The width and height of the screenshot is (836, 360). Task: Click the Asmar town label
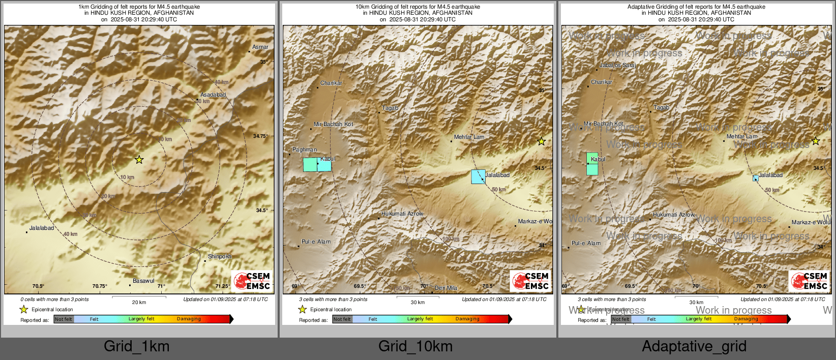pyautogui.click(x=260, y=47)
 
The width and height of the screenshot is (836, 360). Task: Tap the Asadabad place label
pyautogui.click(x=213, y=95)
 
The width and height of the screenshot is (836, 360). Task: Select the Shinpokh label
pyautogui.click(x=220, y=257)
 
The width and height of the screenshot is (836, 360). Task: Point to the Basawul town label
pyautogui.click(x=143, y=281)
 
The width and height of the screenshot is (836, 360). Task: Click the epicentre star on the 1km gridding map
pyautogui.click(x=139, y=160)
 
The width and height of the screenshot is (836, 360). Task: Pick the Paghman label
pyautogui.click(x=305, y=150)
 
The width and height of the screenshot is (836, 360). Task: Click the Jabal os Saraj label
pyautogui.click(x=617, y=66)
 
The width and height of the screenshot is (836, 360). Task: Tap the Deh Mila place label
pyautogui.click(x=446, y=288)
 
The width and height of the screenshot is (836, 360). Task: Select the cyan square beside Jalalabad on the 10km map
pyautogui.click(x=478, y=176)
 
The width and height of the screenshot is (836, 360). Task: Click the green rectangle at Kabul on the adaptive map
pyautogui.click(x=592, y=164)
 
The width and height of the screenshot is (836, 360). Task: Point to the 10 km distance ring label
pyautogui.click(x=127, y=177)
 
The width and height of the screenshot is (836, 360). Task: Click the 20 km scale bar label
pyautogui.click(x=139, y=303)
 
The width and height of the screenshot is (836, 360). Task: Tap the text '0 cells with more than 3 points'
pyautogui.click(x=54, y=299)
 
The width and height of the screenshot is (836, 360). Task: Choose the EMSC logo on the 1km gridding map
pyautogui.click(x=252, y=281)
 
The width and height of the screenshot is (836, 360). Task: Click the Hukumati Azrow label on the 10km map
pyautogui.click(x=402, y=214)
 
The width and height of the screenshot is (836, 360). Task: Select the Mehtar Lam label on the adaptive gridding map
pyautogui.click(x=742, y=137)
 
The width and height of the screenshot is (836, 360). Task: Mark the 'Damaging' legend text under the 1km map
pyautogui.click(x=189, y=319)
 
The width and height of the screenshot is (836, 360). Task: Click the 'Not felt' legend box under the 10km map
pyautogui.click(x=342, y=319)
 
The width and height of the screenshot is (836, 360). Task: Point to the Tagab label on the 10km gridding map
pyautogui.click(x=390, y=108)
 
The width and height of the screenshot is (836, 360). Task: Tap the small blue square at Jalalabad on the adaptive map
pyautogui.click(x=756, y=178)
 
